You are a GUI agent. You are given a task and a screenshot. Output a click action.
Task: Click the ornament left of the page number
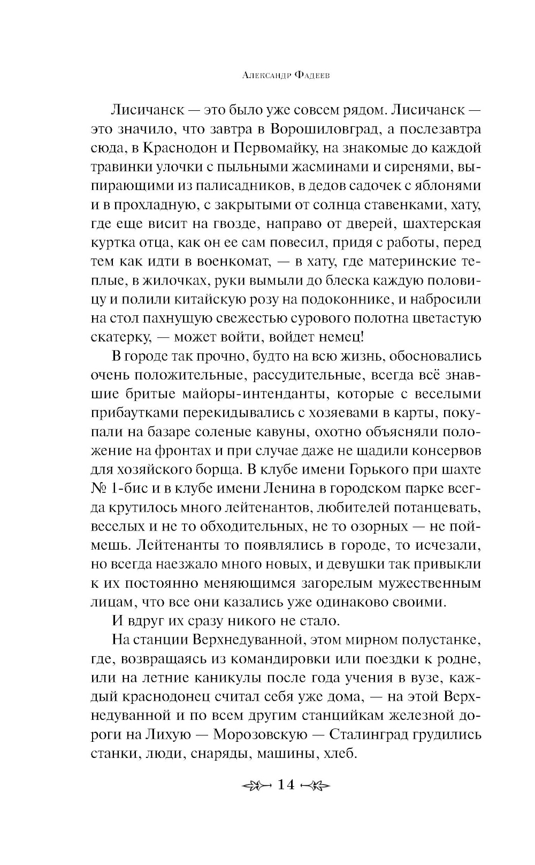255,786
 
